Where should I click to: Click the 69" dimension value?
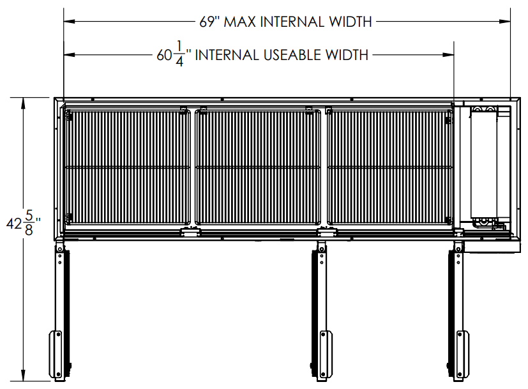[209, 22]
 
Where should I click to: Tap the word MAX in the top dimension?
[240, 22]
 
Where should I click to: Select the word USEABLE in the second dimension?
[292, 55]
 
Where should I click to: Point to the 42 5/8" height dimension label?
[24, 223]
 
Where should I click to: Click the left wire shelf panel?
[127, 167]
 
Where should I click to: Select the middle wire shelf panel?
[258, 167]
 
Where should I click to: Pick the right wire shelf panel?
[389, 167]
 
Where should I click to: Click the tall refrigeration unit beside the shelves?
[483, 164]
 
